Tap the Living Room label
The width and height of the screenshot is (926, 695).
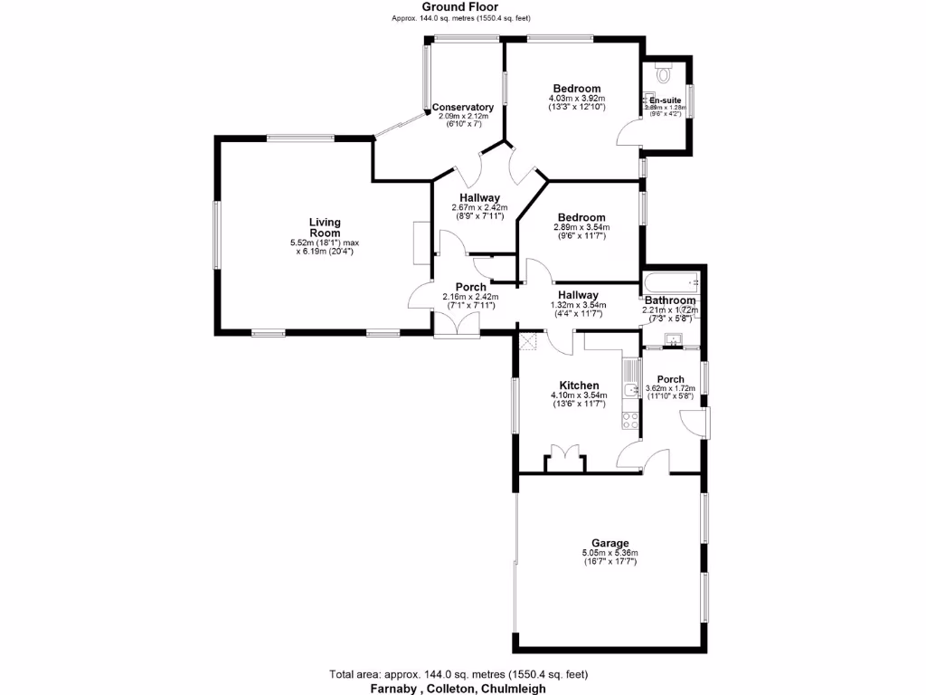pyautogui.click(x=324, y=227)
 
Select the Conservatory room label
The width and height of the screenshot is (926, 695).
pyautogui.click(x=463, y=107)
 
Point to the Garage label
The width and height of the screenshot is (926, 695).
pyautogui.click(x=610, y=544)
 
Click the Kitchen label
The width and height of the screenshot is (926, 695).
pyautogui.click(x=579, y=386)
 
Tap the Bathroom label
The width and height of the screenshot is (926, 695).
pyautogui.click(x=670, y=300)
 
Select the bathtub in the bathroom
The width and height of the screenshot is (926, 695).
pyautogui.click(x=670, y=281)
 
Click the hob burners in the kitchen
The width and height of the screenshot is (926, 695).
pyautogui.click(x=630, y=419)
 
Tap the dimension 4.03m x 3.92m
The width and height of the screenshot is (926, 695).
pyautogui.click(x=577, y=99)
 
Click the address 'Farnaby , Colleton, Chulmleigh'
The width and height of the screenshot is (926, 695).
pyautogui.click(x=458, y=688)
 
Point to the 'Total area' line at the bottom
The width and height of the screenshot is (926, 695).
pyautogui.click(x=458, y=674)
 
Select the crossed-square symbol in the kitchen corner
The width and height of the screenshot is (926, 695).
pyautogui.click(x=529, y=341)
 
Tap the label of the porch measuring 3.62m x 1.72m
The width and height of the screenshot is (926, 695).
pyautogui.click(x=670, y=379)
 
